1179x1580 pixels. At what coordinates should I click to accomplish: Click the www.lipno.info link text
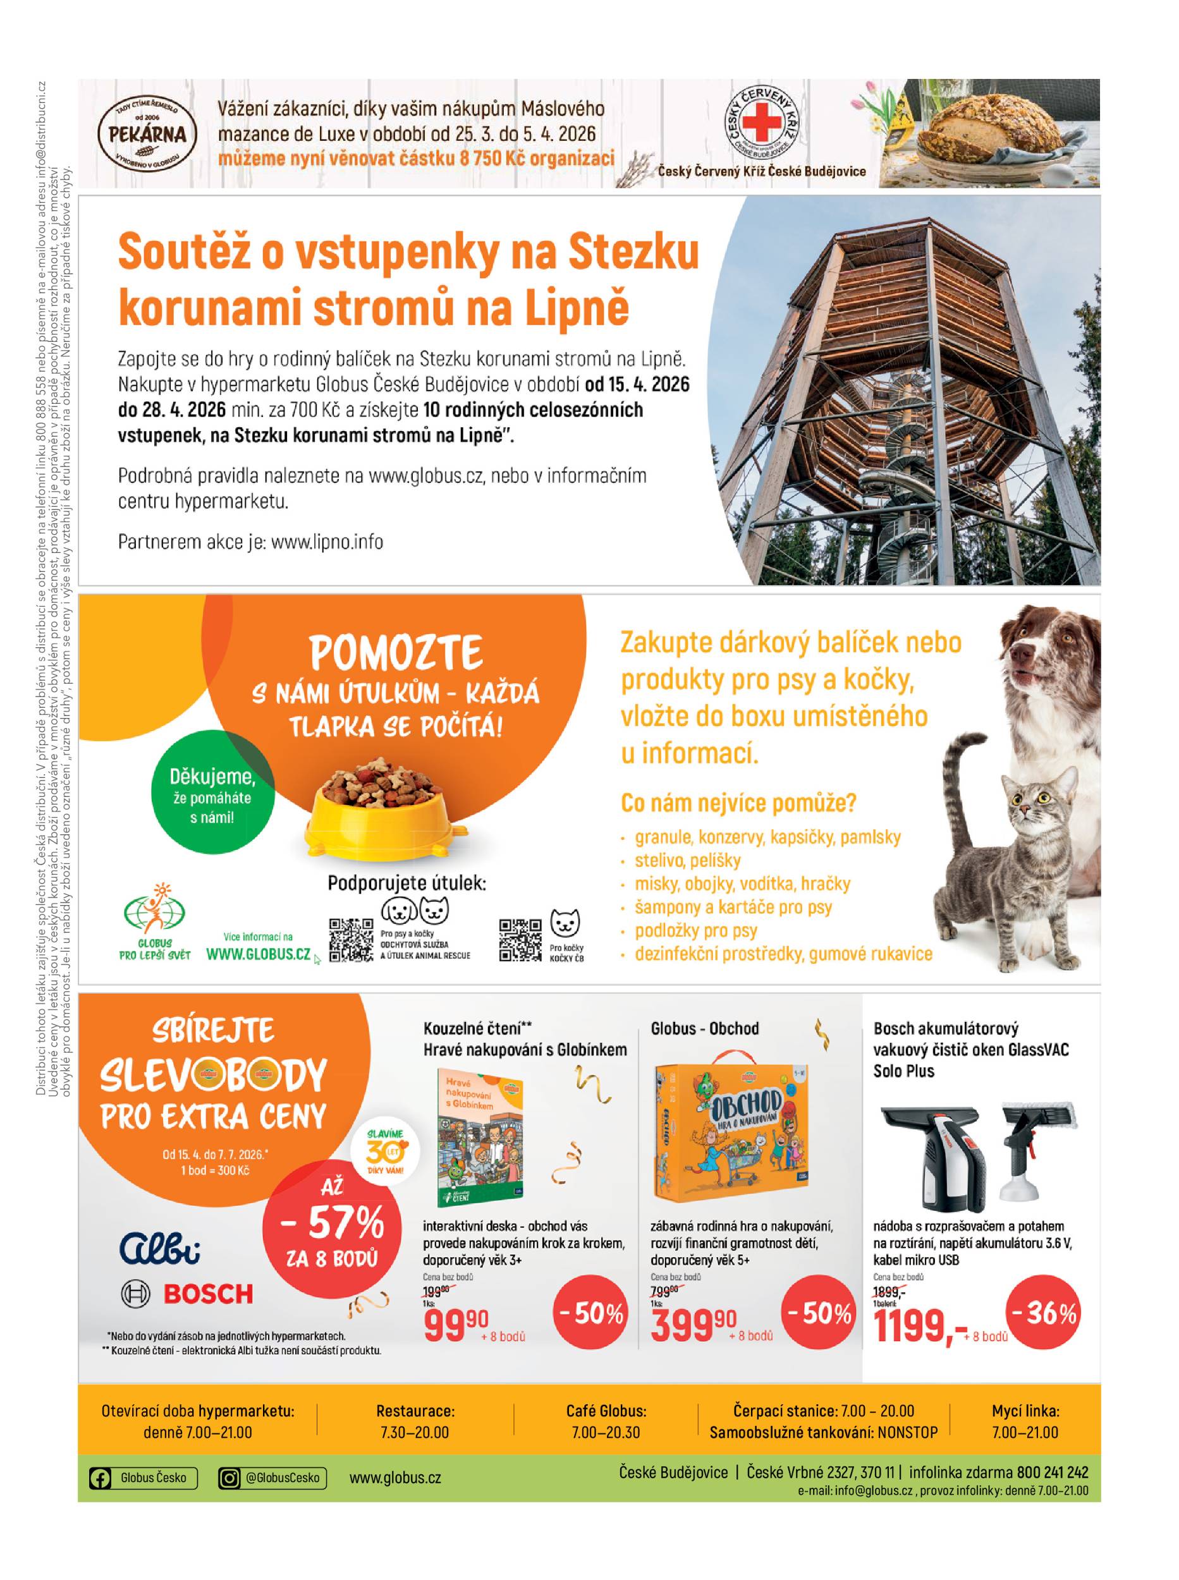pos(327,542)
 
